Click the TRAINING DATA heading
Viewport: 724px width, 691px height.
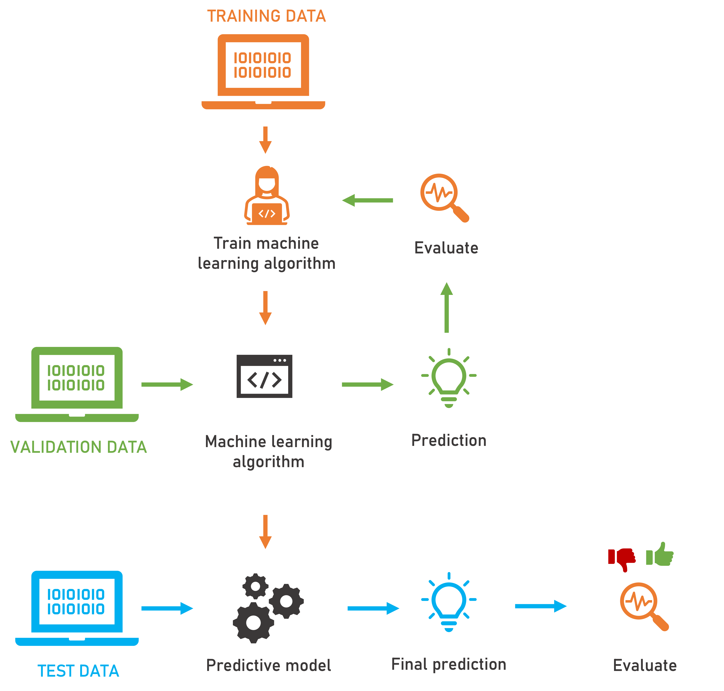pos(266,16)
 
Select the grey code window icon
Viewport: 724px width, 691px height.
pos(264,376)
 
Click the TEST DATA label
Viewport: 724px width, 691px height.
pos(78,671)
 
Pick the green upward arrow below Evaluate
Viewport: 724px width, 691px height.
pos(446,308)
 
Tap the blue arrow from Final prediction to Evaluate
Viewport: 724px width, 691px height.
pos(541,606)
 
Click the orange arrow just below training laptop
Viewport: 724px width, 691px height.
pos(265,140)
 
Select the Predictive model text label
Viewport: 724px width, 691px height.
pos(268,665)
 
